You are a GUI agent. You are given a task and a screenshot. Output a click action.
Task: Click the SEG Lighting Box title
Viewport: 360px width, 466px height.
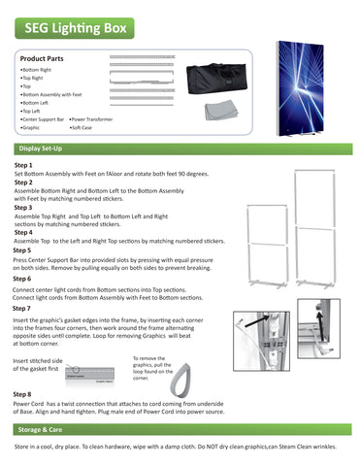(x=69, y=30)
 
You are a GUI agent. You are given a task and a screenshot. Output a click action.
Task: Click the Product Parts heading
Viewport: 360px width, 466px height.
(x=42, y=59)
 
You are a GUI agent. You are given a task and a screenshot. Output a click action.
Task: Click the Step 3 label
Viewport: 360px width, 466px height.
(x=23, y=207)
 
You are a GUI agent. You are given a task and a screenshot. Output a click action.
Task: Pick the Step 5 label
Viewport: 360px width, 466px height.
(x=23, y=250)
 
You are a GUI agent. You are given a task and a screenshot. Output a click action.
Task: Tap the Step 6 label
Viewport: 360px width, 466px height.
(x=23, y=278)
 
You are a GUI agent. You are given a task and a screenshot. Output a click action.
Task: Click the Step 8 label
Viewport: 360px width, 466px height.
(x=23, y=394)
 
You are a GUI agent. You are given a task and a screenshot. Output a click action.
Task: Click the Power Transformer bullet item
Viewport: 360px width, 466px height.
(x=92, y=118)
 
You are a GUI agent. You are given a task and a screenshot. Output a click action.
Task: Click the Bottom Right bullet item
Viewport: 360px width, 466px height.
(x=37, y=71)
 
